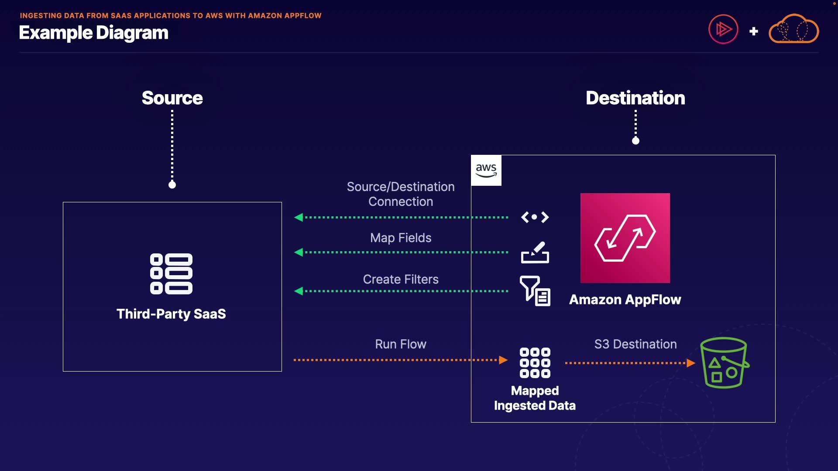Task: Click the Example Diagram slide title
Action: point(93,33)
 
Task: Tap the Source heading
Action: point(172,98)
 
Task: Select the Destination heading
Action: point(635,98)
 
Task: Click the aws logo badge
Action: point(486,171)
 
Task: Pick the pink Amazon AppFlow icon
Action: point(625,238)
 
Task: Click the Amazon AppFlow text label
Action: point(625,300)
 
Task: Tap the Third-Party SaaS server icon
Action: point(171,274)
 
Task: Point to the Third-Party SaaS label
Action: point(171,314)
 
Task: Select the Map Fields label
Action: point(401,238)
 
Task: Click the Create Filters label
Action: point(401,279)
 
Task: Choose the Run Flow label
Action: point(401,344)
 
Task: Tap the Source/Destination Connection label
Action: point(401,194)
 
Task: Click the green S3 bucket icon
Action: point(724,363)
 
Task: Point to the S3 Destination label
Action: point(635,344)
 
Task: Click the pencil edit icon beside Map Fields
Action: point(535,252)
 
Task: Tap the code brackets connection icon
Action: point(535,217)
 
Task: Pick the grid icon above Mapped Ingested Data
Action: point(535,363)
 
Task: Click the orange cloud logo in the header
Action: point(793,29)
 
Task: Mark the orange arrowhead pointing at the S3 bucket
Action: point(691,363)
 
